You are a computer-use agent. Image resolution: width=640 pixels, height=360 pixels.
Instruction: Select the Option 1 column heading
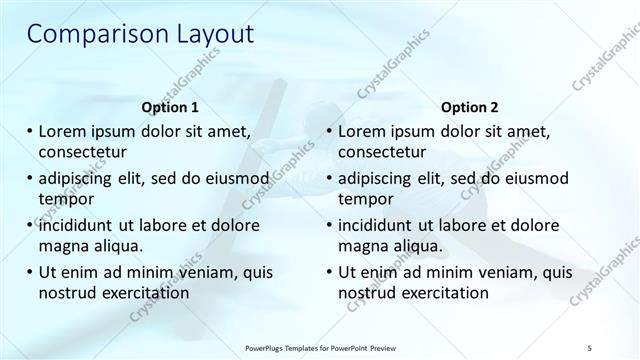click(x=171, y=107)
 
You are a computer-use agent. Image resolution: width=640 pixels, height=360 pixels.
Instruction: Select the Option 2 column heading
click(x=469, y=107)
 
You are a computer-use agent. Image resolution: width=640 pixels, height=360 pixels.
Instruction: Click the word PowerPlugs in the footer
click(x=266, y=346)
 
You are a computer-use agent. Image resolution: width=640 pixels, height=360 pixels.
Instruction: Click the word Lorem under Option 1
click(x=65, y=130)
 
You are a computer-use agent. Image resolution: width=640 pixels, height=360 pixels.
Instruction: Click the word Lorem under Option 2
click(x=365, y=130)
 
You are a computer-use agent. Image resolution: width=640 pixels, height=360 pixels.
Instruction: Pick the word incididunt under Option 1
click(x=84, y=225)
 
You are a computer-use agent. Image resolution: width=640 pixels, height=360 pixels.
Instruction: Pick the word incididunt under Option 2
click(x=384, y=225)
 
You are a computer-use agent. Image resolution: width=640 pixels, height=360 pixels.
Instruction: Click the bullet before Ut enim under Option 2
click(x=328, y=272)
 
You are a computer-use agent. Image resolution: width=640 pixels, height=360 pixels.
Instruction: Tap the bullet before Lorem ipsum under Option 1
click(x=28, y=130)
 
